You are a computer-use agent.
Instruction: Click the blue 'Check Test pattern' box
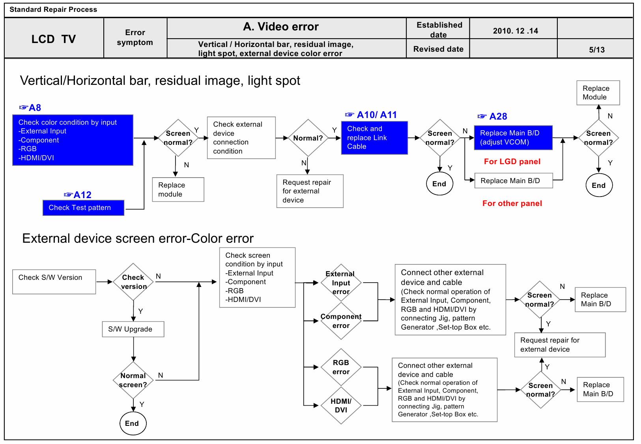click(83, 208)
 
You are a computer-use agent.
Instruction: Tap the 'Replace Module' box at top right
click(598, 93)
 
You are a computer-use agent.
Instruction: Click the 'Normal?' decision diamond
click(308, 138)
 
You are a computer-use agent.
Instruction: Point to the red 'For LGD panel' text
click(512, 161)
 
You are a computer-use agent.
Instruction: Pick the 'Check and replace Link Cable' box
click(374, 137)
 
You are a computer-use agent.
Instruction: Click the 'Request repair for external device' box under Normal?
click(310, 191)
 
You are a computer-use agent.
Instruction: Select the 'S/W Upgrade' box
click(133, 329)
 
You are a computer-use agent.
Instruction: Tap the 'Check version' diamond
click(133, 282)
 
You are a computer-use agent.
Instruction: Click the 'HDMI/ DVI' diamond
click(341, 405)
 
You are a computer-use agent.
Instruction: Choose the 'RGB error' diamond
click(341, 367)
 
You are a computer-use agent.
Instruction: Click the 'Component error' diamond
click(341, 321)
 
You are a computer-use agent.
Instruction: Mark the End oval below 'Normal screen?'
click(133, 423)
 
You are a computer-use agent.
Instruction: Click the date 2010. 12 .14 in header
click(515, 31)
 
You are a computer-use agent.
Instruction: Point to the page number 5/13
click(596, 50)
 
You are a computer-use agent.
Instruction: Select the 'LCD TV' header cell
click(54, 39)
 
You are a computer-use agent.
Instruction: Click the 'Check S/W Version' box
click(54, 281)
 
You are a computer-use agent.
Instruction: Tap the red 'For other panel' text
click(512, 203)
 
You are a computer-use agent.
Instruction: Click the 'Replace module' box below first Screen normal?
click(178, 189)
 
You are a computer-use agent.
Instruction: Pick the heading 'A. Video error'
click(280, 26)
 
